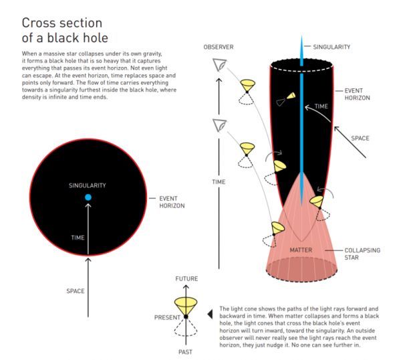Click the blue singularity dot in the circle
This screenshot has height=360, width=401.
coord(88,197)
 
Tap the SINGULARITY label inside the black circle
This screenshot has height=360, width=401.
coord(87,185)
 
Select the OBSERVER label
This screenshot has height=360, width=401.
coord(219,47)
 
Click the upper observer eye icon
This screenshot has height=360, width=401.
coord(219,64)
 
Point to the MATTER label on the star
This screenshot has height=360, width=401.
coord(301,250)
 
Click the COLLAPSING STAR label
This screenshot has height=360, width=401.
coord(362,254)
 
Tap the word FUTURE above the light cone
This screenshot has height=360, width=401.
coord(186,278)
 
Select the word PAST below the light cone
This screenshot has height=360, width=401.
coord(185,352)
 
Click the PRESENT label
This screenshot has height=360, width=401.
coord(167,317)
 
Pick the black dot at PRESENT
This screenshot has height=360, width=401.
coord(186,317)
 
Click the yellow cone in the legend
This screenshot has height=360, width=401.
coord(186,305)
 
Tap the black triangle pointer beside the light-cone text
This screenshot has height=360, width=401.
coord(210,314)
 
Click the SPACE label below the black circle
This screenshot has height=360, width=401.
coord(75,291)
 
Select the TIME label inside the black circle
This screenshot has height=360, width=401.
coord(78,238)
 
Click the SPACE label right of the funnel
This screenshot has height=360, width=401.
coord(360,139)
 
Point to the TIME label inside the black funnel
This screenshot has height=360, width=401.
coord(321,106)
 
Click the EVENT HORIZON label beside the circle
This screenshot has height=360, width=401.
coord(172,202)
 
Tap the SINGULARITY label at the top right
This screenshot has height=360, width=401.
coord(331,47)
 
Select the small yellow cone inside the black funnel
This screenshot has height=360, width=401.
coord(291,96)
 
